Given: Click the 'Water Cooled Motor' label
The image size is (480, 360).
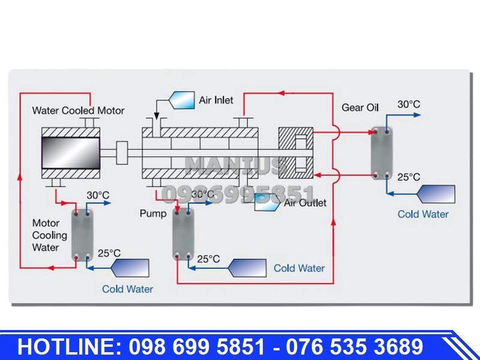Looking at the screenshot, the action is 78,110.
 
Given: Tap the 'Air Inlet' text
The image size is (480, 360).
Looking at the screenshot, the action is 216,100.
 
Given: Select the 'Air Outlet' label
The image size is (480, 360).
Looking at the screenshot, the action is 305,203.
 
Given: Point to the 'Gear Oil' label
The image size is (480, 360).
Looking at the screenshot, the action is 360,107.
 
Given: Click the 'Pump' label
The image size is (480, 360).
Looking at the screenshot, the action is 153,214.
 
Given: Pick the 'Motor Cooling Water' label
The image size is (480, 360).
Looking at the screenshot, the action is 50,235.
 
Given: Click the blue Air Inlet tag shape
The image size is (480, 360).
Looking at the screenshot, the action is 182,100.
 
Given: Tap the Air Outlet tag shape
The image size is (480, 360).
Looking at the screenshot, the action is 267,202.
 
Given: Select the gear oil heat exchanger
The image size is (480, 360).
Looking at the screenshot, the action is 382,154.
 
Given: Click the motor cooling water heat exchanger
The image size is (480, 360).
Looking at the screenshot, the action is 82,235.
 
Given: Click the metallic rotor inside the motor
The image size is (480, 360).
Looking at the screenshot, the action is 71,153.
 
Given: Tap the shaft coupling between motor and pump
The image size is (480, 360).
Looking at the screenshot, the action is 122,153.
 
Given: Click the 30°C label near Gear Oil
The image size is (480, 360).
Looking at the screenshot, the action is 409,104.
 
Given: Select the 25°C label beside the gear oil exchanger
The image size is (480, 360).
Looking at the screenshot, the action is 409,177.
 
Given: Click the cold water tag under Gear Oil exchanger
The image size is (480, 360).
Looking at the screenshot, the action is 437,194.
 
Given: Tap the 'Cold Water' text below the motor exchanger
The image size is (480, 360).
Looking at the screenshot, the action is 127,289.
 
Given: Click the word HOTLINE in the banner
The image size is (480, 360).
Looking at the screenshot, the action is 68,347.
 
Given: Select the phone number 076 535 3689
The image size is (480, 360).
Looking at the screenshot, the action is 355,347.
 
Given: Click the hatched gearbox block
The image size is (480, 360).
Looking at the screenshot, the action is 296,153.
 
